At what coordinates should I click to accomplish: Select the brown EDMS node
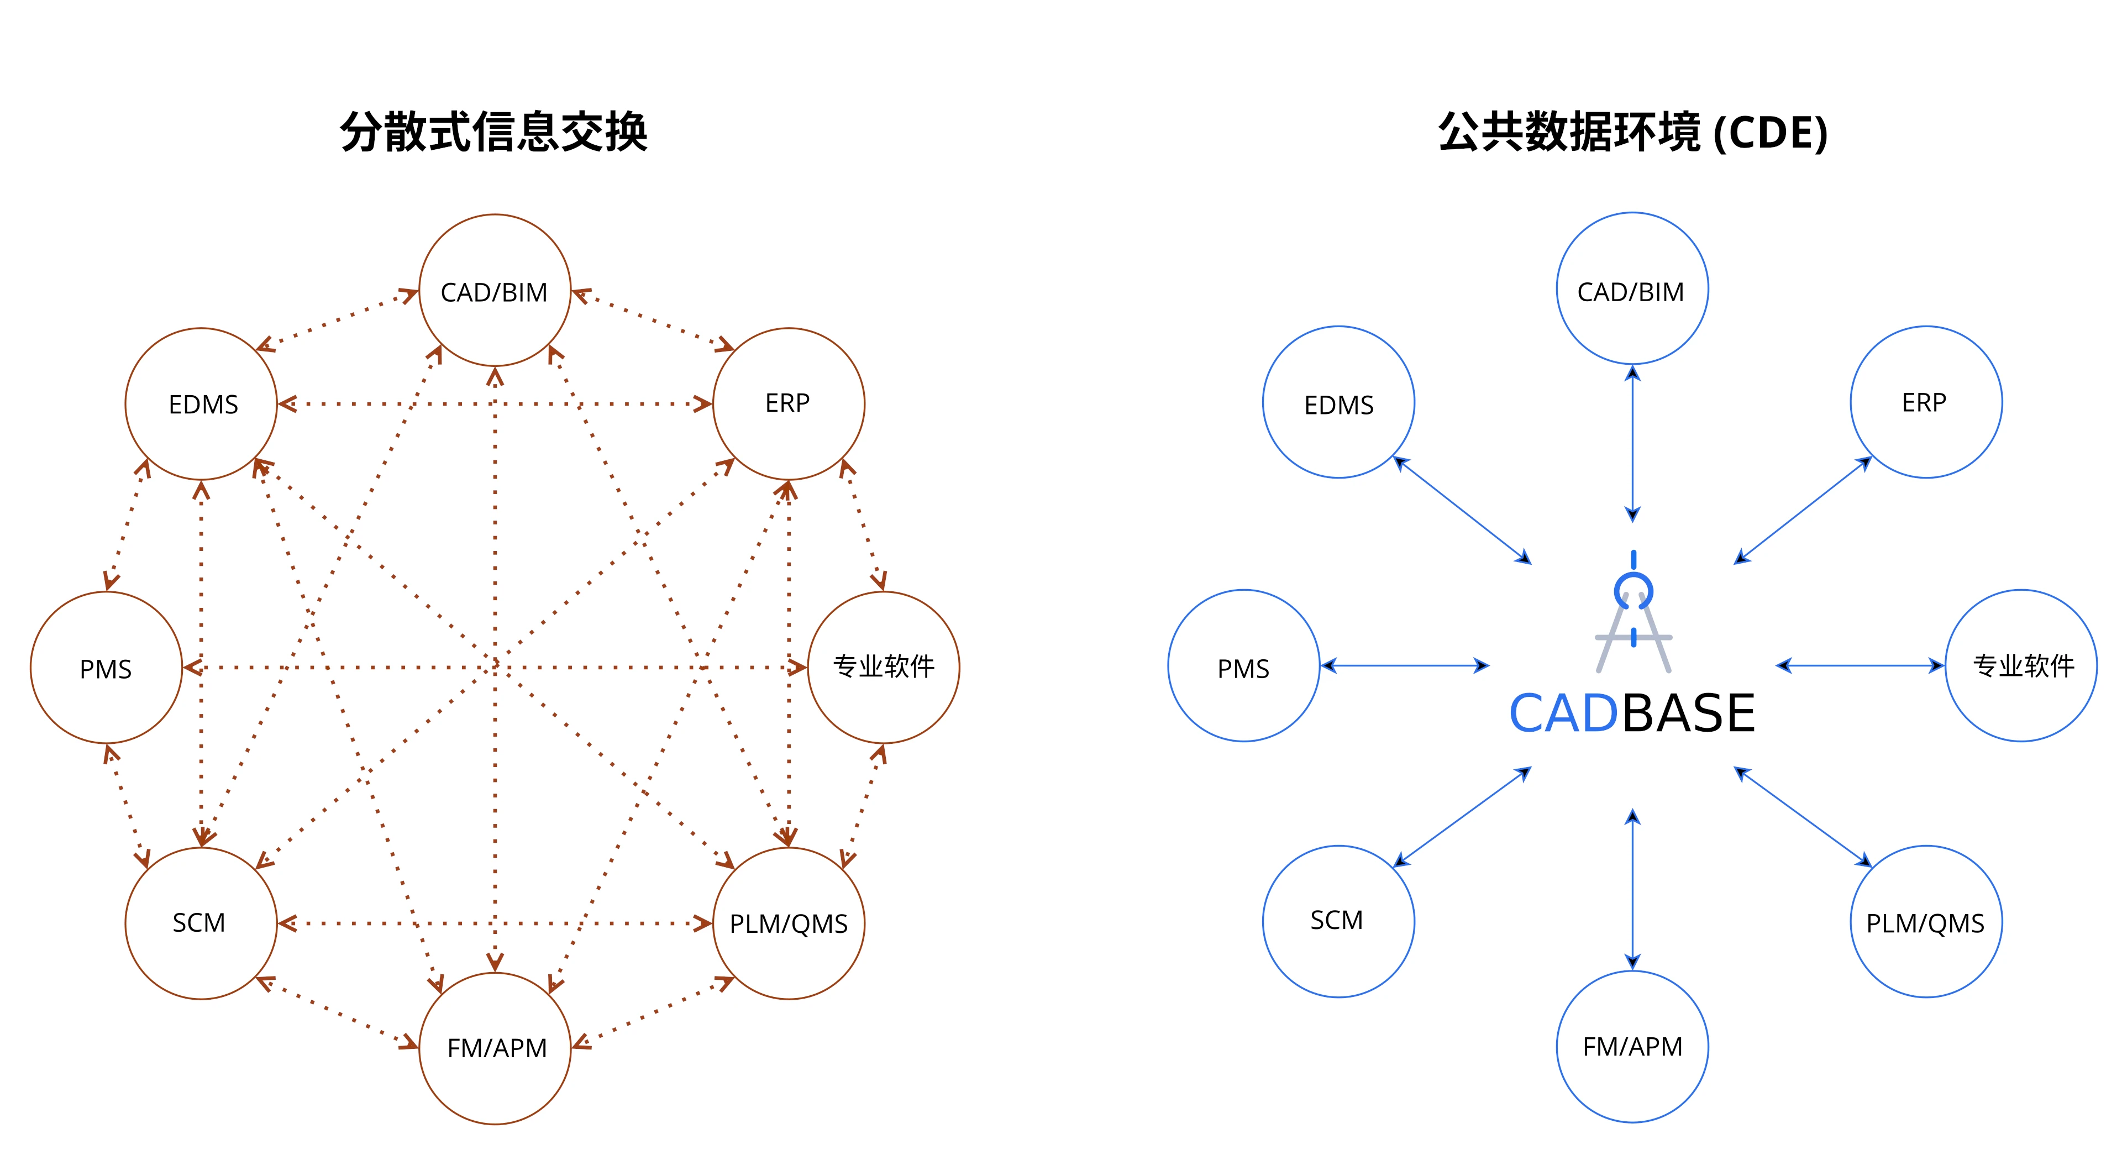[201, 403]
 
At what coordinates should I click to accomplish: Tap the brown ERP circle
[789, 403]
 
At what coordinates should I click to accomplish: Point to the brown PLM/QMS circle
[789, 923]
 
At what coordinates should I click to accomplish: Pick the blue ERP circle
[1926, 402]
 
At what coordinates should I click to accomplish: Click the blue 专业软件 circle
[2021, 666]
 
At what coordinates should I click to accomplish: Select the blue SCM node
[1338, 921]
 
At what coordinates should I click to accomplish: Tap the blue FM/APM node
[1632, 1046]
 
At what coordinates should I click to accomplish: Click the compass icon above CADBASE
[1633, 614]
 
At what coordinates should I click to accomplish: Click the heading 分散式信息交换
[494, 132]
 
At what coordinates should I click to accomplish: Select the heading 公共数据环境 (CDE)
[1633, 132]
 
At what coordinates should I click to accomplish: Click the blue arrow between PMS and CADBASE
[1405, 666]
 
